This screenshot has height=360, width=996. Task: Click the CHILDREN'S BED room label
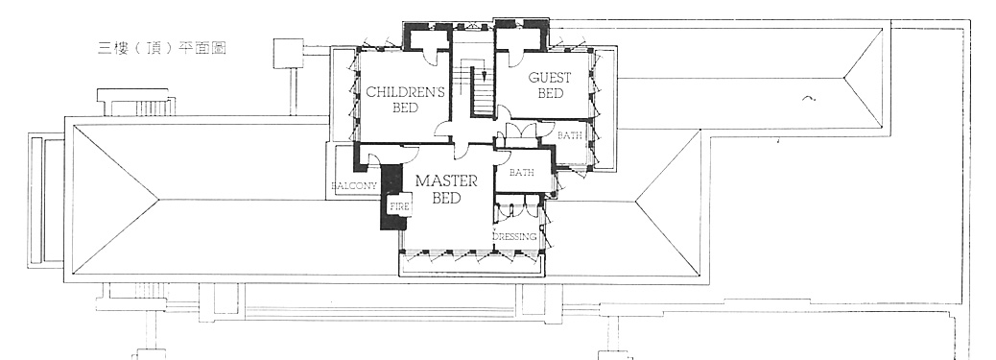coord(405,100)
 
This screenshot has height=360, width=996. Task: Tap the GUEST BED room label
coord(550,85)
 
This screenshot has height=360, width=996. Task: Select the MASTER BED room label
coord(446,189)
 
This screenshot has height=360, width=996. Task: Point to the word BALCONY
coord(354,186)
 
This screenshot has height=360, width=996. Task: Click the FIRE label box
coord(399,206)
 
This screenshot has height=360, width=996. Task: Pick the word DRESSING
coord(514,236)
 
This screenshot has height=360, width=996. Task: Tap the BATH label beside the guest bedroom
coord(568,135)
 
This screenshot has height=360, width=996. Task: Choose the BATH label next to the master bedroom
coord(521,173)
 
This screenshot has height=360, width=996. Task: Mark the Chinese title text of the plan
coord(162,48)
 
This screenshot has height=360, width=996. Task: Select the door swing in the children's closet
coord(435,56)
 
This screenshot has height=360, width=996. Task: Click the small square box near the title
coord(288,54)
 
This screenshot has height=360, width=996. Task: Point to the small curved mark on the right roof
coord(809,98)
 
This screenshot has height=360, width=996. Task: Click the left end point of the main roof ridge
coord(158,200)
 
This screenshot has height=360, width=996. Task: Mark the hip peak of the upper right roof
coord(844,78)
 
